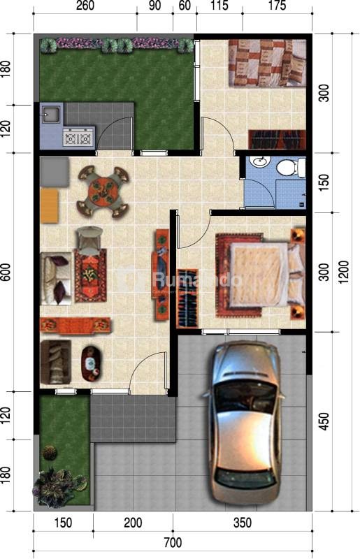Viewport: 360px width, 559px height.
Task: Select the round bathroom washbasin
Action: (259, 161)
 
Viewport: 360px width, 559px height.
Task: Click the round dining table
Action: (103, 191)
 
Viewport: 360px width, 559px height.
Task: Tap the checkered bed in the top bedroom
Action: (267, 63)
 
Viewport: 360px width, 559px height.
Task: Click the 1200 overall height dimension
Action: (344, 272)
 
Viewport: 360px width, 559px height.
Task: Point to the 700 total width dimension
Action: (173, 543)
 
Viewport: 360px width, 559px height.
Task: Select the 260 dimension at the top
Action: (85, 6)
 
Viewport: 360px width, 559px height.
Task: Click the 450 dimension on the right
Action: (324, 421)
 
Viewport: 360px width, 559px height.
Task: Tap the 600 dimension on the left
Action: (6, 273)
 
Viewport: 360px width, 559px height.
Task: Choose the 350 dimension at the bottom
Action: (243, 523)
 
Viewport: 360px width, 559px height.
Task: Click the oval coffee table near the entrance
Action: (92, 363)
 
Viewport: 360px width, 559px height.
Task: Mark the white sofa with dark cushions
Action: (56, 278)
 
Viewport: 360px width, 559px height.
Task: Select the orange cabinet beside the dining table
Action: (49, 206)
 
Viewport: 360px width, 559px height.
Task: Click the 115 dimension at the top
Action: (219, 6)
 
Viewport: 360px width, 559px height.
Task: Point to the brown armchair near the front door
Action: (56, 362)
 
